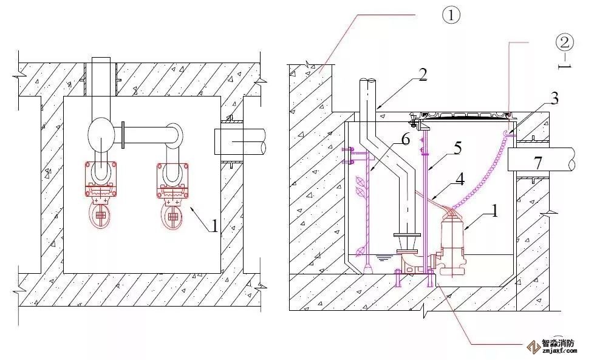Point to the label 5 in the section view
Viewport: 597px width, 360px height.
pyautogui.click(x=458, y=146)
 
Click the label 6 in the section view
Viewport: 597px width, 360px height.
pyautogui.click(x=405, y=140)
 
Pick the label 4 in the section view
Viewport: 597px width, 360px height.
pyautogui.click(x=459, y=179)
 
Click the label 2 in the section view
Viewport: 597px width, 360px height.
pyautogui.click(x=423, y=75)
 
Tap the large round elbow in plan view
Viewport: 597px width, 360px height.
pyautogui.click(x=100, y=135)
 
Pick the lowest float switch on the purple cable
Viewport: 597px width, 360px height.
pyautogui.click(x=362, y=250)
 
